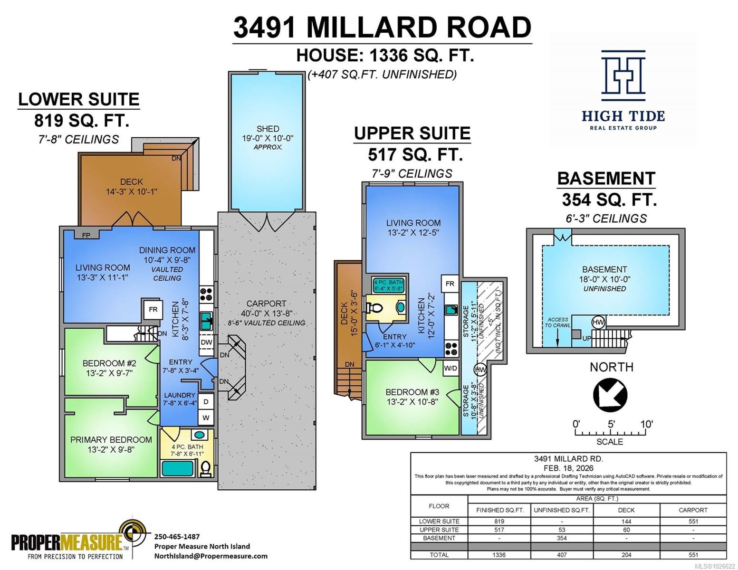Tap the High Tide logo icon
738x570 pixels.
[x=623, y=75]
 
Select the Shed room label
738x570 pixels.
[x=268, y=129]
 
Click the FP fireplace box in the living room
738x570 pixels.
[x=86, y=235]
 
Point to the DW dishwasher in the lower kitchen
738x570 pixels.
[x=206, y=342]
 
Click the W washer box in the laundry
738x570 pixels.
[x=206, y=418]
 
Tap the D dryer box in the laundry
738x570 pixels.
[x=206, y=401]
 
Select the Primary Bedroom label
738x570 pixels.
[x=111, y=440]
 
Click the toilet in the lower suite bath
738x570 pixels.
[x=206, y=468]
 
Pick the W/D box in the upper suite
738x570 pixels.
[x=450, y=368]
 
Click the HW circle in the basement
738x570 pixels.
[x=598, y=323]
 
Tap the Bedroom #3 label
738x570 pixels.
[x=412, y=392]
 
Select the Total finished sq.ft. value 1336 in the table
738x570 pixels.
[x=499, y=554]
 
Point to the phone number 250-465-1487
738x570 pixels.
[x=177, y=536]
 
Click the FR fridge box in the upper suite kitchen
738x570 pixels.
[x=450, y=284]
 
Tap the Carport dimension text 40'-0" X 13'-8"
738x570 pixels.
[x=266, y=313]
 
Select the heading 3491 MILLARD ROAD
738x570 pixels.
[x=382, y=27]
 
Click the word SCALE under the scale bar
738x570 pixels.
[x=610, y=442]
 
